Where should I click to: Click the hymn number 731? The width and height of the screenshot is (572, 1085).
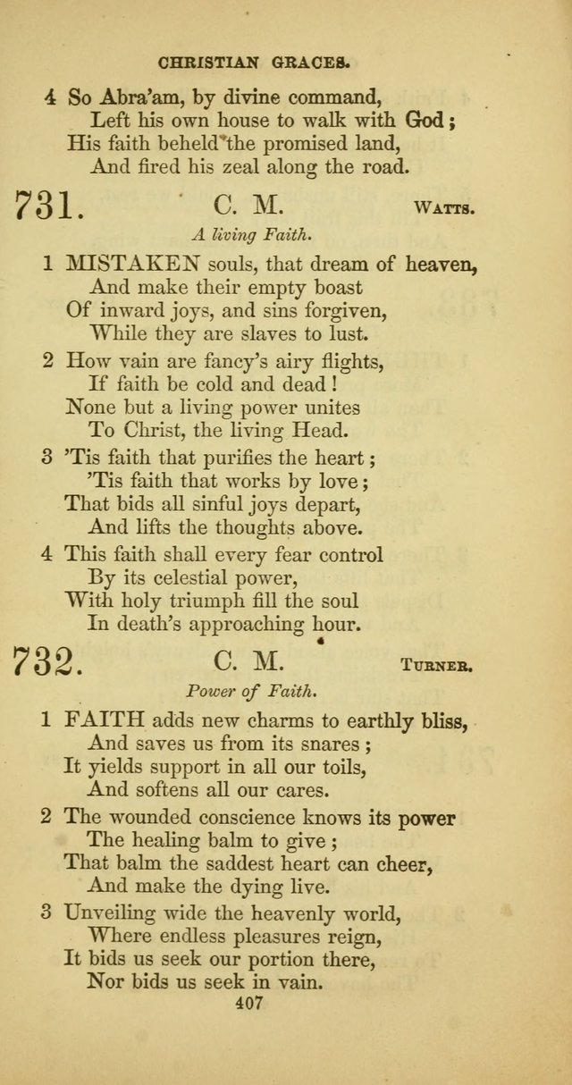click(x=49, y=208)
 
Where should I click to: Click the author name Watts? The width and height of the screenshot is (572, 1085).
click(x=444, y=211)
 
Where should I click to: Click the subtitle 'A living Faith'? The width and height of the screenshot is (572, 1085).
click(x=250, y=236)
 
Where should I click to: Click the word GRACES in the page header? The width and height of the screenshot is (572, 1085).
click(x=313, y=63)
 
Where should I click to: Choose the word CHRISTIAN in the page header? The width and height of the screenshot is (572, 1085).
click(x=207, y=63)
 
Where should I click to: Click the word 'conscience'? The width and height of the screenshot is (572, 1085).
click(x=241, y=818)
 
